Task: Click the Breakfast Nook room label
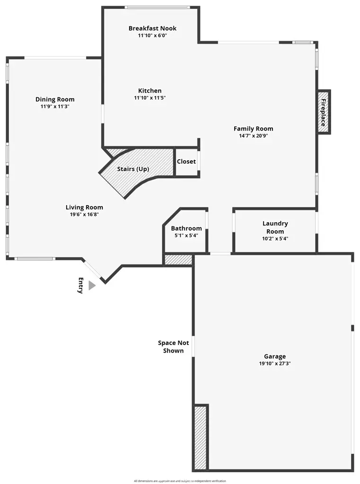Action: (x=152, y=28)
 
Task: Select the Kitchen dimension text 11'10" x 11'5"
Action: (x=149, y=98)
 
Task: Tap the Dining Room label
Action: (x=55, y=99)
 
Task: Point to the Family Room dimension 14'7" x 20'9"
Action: (x=253, y=136)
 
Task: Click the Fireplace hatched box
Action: (x=324, y=112)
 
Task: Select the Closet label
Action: (x=186, y=162)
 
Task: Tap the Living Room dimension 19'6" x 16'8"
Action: (x=84, y=214)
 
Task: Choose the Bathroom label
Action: (x=186, y=228)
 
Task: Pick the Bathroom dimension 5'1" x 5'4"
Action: (x=186, y=235)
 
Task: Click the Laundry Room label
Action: (x=275, y=227)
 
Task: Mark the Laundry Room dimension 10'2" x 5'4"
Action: (x=275, y=239)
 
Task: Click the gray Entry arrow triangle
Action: (x=91, y=285)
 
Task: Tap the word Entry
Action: (x=80, y=285)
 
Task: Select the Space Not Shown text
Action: (x=173, y=346)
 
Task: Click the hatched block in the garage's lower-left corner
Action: (x=201, y=437)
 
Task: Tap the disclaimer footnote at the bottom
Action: (x=180, y=481)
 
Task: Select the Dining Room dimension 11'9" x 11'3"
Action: (x=55, y=106)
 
